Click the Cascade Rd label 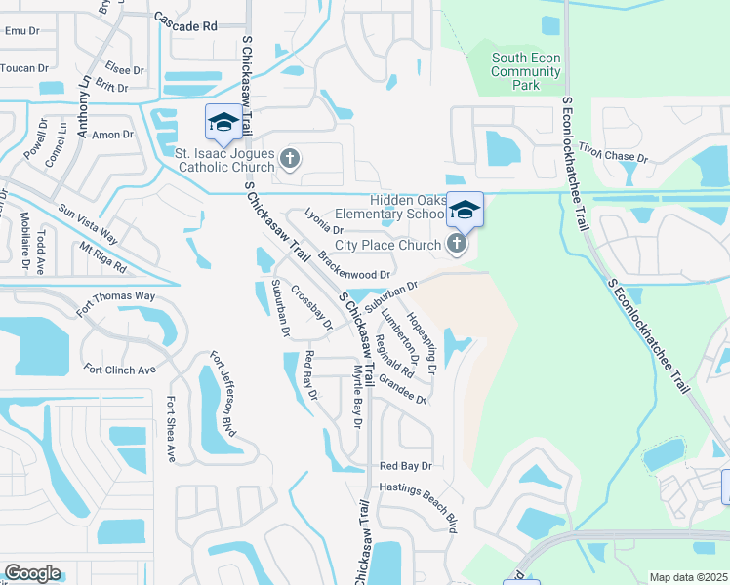[x=185, y=25]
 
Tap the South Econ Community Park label [x=526, y=72]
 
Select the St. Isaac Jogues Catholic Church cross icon [x=289, y=158]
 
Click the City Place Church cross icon [x=456, y=244]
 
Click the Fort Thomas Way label [x=115, y=302]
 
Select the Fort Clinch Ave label [x=119, y=370]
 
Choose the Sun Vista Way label [x=87, y=223]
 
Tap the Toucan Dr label [x=25, y=68]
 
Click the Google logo [x=32, y=573]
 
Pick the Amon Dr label [x=112, y=135]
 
